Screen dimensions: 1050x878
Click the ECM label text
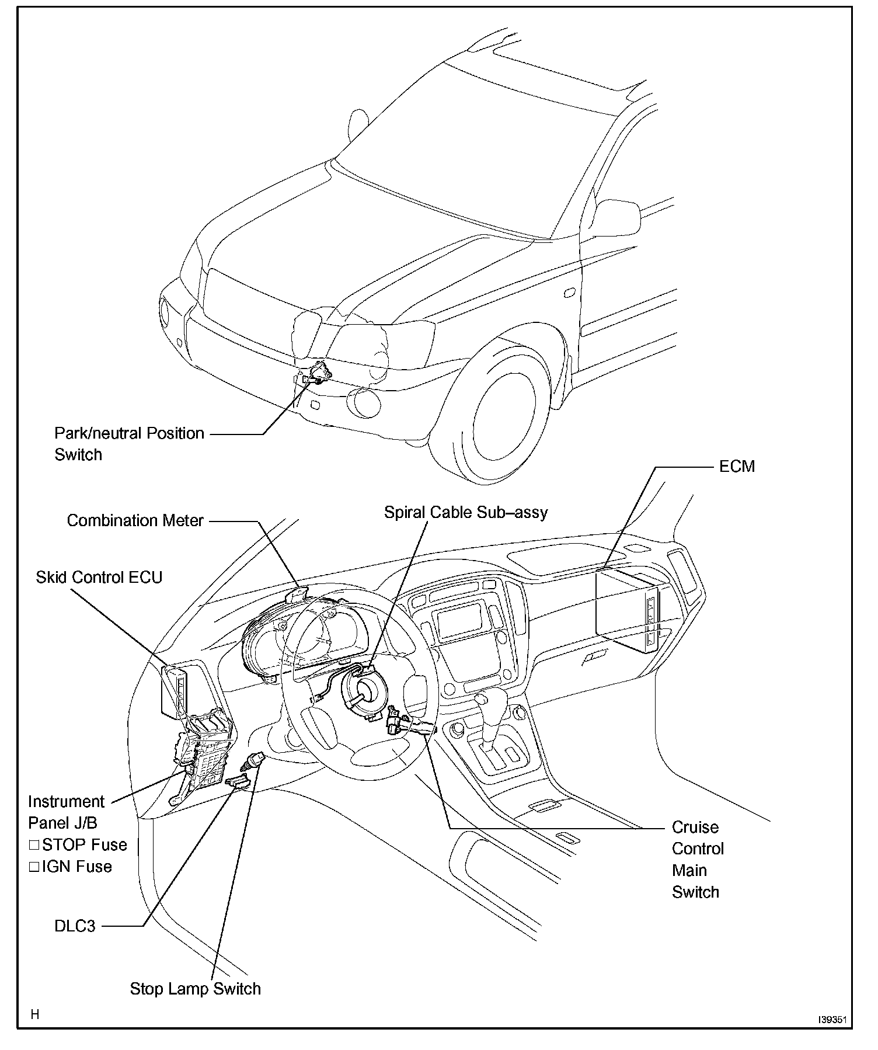[737, 466]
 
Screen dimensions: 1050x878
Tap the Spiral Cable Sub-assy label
[466, 512]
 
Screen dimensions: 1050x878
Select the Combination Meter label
[135, 520]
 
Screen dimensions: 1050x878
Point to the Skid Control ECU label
[99, 577]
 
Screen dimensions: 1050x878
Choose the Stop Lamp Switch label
[195, 989]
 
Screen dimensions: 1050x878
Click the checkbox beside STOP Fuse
[34, 844]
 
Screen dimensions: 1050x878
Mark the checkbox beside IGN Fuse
[34, 867]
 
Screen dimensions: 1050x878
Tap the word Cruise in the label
[695, 827]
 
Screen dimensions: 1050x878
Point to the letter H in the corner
[35, 1014]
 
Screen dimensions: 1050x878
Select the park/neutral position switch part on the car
[319, 372]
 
